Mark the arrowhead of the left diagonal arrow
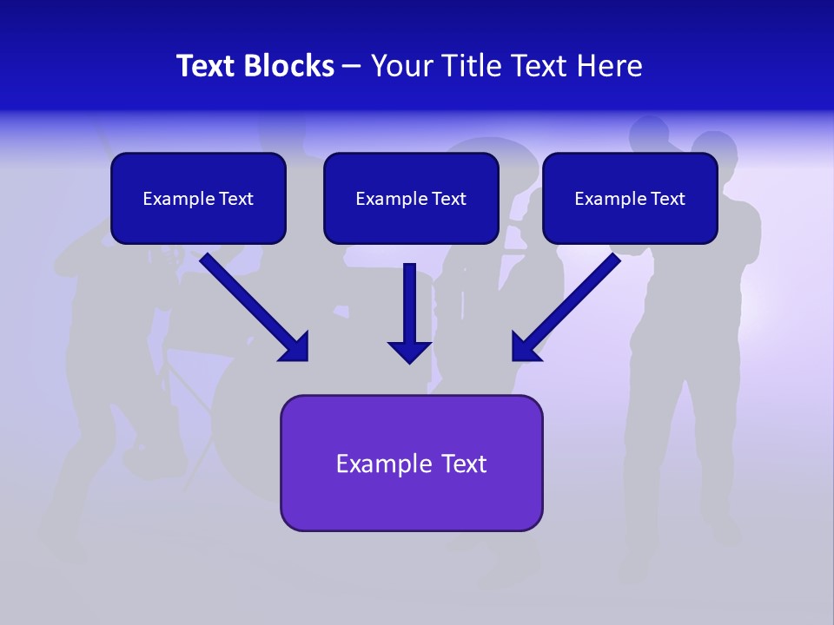(295, 347)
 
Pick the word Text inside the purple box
(466, 464)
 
